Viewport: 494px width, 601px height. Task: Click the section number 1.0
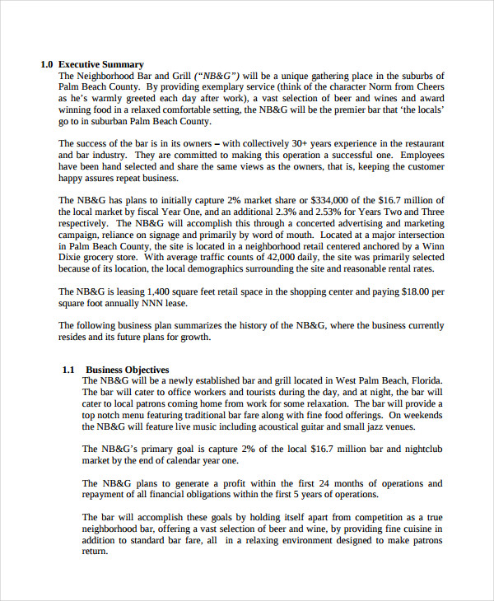tap(47, 64)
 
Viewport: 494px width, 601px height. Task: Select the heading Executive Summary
tap(101, 64)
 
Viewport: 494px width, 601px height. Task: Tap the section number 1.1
tap(68, 370)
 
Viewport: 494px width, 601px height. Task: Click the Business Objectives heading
tap(128, 370)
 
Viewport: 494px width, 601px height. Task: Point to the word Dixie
tap(72, 257)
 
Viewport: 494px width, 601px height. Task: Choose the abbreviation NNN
tap(137, 302)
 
